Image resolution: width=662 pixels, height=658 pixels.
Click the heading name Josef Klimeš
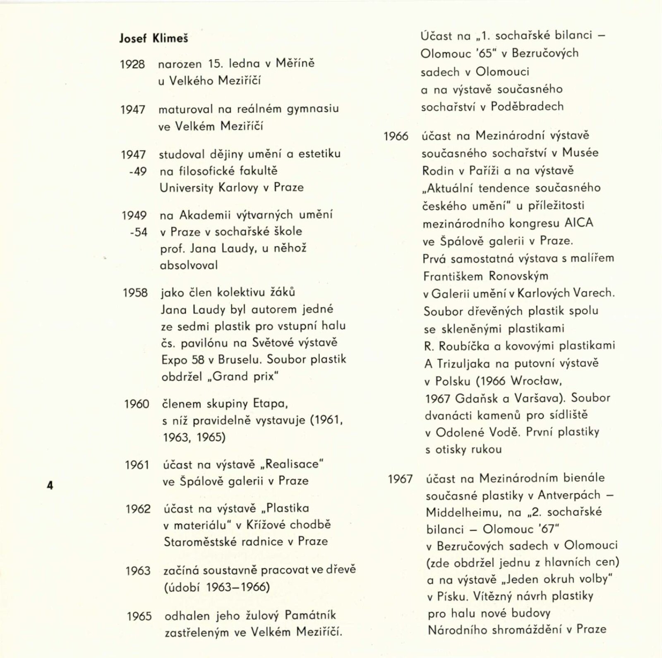click(x=154, y=38)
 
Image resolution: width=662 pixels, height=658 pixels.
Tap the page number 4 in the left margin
click(x=50, y=485)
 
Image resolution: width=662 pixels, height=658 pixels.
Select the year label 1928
click(x=132, y=64)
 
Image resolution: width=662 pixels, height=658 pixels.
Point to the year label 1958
click(x=135, y=293)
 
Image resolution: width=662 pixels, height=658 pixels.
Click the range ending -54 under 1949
click(x=138, y=232)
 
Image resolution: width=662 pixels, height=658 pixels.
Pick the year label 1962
click(x=138, y=509)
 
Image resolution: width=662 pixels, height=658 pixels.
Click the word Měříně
click(x=295, y=63)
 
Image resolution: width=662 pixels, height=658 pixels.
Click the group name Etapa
click(x=269, y=403)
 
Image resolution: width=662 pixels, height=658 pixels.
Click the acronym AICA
click(x=579, y=223)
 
